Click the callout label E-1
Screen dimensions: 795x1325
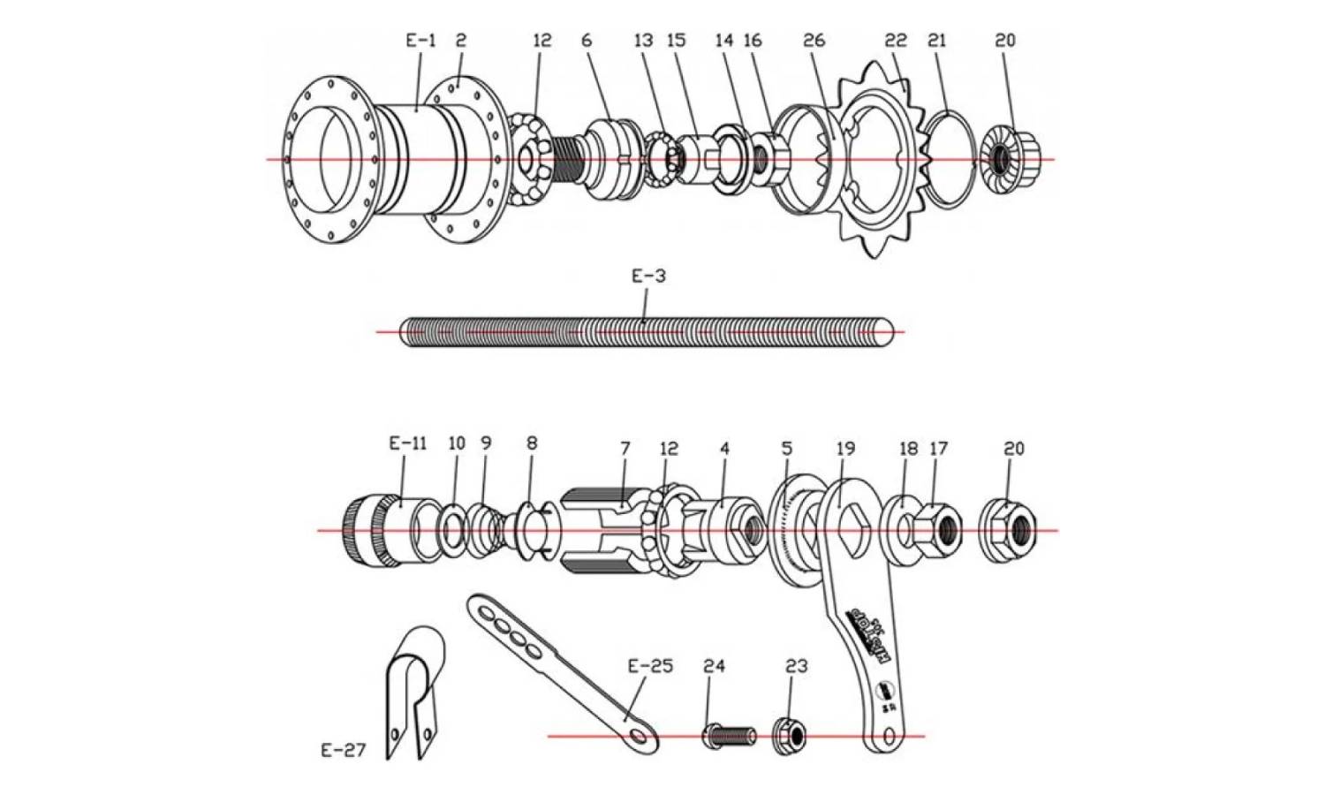point(420,40)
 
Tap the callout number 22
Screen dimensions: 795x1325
point(895,40)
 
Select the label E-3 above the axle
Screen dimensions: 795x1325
point(647,276)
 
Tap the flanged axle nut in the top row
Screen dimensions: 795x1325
point(1007,159)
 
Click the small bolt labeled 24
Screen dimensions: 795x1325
point(729,735)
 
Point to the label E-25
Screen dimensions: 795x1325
point(649,665)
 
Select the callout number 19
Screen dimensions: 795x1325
point(845,448)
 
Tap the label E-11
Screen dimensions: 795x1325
point(407,443)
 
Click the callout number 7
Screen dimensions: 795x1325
point(625,448)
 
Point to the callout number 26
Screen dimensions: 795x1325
point(814,40)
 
